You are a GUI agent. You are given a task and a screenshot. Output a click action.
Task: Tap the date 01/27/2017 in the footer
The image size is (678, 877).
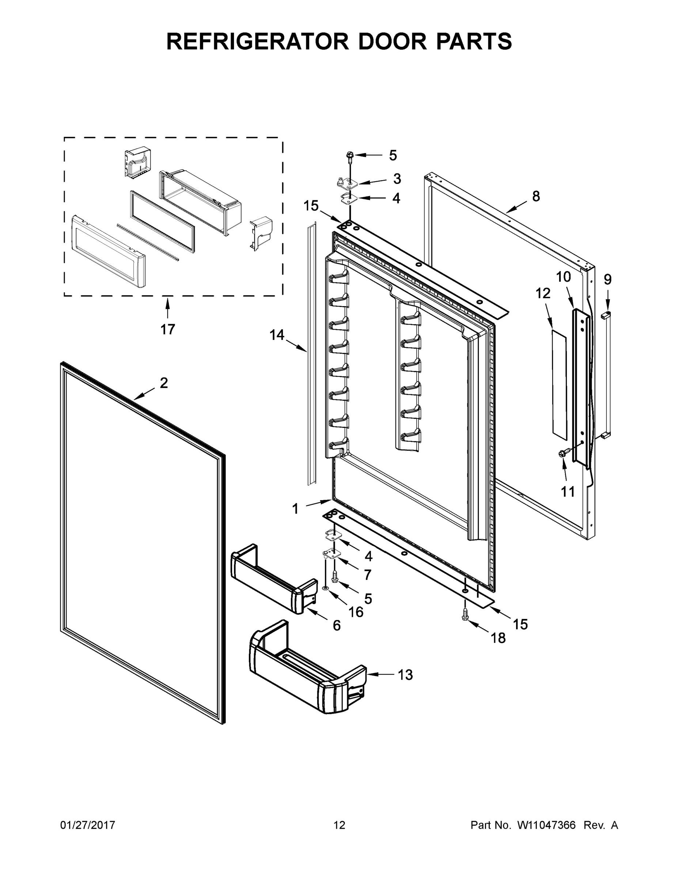pos(88,825)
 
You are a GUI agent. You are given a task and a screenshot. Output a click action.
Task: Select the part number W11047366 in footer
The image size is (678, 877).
pos(546,825)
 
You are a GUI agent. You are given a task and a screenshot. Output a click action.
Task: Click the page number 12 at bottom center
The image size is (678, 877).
pos(339,825)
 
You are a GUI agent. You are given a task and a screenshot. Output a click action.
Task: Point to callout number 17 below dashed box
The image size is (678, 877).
pos(167,329)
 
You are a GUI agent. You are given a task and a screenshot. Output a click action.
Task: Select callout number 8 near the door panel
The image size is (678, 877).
pos(536,196)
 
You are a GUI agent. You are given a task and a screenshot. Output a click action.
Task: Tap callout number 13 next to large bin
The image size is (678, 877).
pos(405,675)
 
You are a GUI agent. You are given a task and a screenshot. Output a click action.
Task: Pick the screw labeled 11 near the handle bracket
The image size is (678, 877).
pos(563,453)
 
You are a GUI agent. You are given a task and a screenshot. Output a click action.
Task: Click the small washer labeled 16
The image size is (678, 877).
pos(325,588)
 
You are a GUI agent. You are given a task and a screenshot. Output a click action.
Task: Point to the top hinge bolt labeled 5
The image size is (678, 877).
pos(349,155)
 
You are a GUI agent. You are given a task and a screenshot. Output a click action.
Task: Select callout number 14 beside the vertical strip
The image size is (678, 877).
pos(277,334)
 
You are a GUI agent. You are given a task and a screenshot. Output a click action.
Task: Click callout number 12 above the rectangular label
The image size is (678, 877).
pos(543,293)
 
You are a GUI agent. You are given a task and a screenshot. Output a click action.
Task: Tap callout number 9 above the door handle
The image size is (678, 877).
pos(607,279)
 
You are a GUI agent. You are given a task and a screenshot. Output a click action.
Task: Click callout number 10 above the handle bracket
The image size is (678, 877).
pos(563,277)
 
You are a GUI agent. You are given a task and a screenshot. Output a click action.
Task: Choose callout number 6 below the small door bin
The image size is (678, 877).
pos(337,625)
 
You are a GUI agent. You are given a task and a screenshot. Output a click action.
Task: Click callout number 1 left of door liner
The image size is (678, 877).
pos(295,509)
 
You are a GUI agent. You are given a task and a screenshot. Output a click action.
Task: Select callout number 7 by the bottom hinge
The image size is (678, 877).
pos(367,575)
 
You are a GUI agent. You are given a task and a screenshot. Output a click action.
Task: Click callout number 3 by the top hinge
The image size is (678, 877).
pos(397,179)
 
